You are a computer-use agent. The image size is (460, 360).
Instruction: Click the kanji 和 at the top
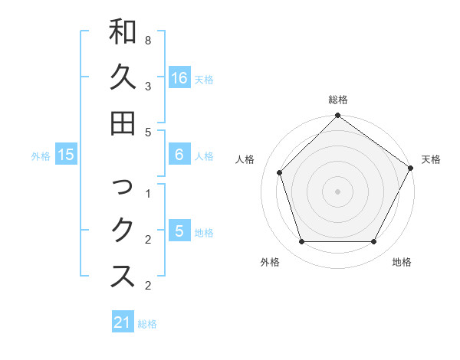123,31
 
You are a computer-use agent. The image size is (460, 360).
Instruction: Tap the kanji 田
123,122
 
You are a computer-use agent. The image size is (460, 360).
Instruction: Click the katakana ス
123,277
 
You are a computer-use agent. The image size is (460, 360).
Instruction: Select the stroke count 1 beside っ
147,193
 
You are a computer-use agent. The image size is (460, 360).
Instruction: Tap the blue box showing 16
179,78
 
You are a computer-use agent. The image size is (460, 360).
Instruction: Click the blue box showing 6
179,155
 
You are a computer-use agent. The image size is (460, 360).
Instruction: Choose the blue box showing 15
66,155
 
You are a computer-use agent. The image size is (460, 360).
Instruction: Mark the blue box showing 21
123,322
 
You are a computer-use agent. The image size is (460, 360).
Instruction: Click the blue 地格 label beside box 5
204,232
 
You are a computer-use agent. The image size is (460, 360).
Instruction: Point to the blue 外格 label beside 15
41,155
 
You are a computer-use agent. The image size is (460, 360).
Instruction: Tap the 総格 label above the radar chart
337,100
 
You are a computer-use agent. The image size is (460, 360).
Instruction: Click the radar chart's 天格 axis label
431,159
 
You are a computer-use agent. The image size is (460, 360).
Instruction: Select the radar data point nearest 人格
281,172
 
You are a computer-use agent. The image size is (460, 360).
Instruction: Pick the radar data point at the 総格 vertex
337,116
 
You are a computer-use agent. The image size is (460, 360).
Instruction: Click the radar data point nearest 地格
374,242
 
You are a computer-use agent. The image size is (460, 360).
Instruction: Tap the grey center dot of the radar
337,191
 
